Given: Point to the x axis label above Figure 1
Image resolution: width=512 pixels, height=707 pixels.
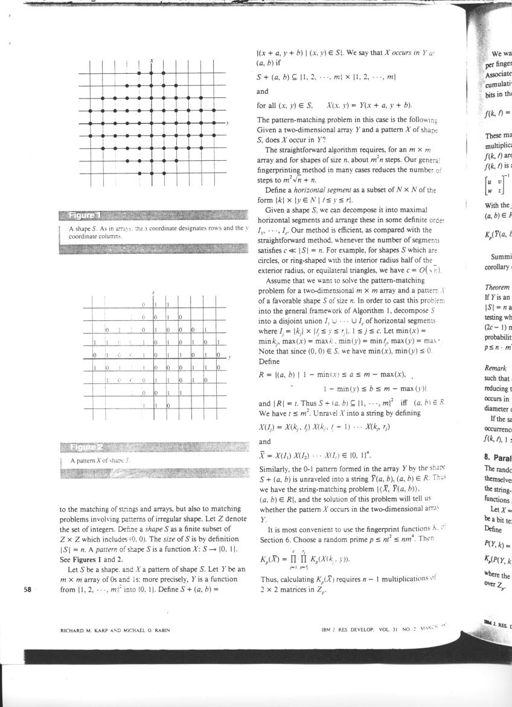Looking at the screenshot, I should coord(152,60).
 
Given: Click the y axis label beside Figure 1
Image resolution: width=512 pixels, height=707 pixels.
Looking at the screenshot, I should coord(227,123).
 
